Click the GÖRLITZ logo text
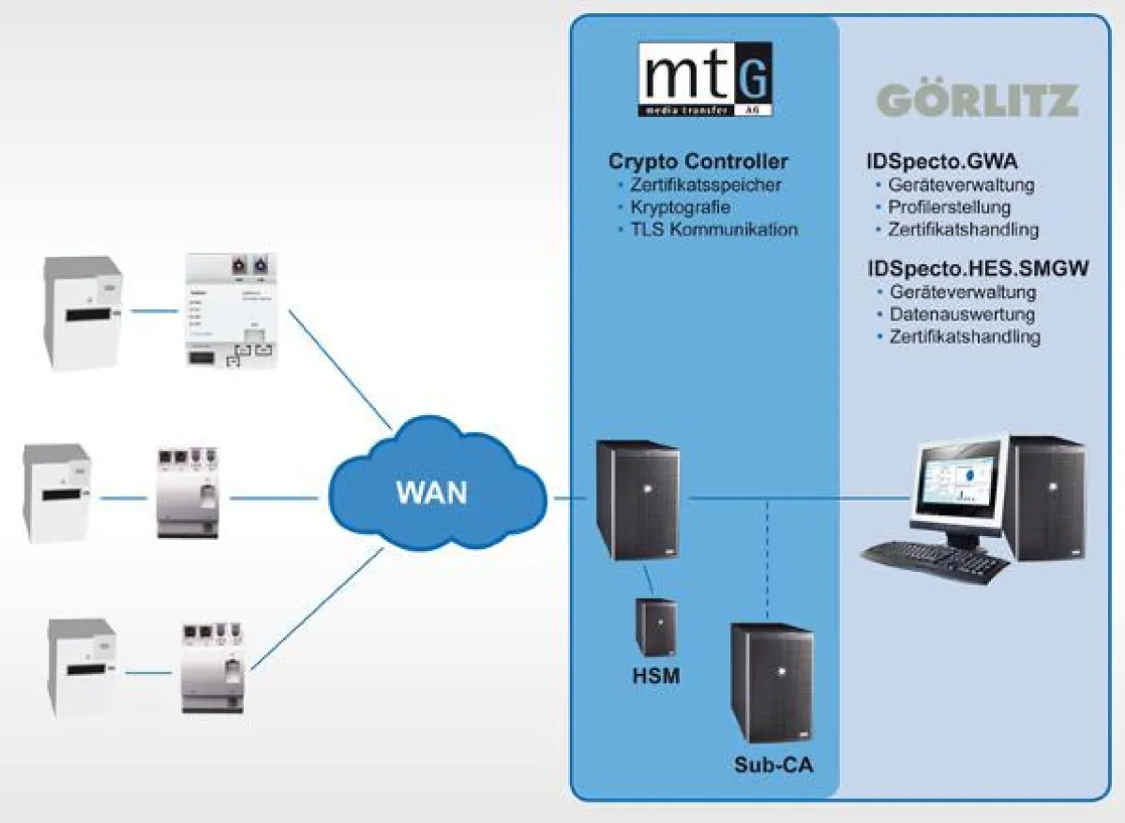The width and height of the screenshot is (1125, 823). [977, 100]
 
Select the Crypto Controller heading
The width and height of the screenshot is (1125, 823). [698, 161]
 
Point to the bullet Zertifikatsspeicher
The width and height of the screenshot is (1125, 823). [705, 185]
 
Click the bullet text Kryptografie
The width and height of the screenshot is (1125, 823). [680, 207]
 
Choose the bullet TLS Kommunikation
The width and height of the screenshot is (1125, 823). [713, 230]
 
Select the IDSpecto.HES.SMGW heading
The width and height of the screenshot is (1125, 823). [978, 269]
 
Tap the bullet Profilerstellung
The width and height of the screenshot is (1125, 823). [950, 207]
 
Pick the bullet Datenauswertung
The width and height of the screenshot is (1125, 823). [962, 314]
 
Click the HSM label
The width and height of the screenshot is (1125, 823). [656, 674]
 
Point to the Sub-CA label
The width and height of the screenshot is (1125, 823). [773, 765]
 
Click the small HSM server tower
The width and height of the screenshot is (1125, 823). [657, 627]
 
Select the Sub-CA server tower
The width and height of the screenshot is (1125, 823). [772, 683]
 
